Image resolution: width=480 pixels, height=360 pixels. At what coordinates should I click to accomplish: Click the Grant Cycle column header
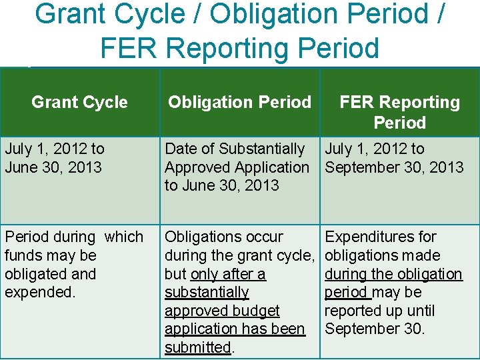click(x=79, y=103)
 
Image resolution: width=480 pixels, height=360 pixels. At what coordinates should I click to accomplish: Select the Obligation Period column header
click(x=239, y=103)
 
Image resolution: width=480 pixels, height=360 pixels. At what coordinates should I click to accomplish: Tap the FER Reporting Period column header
click(x=399, y=112)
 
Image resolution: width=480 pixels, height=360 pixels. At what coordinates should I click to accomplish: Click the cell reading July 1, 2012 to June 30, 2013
click(x=55, y=158)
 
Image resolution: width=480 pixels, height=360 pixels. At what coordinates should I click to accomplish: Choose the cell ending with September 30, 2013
click(x=394, y=158)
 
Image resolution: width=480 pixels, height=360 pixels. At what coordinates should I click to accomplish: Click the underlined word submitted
click(x=197, y=347)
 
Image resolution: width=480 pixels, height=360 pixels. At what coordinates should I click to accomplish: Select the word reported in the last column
click(x=353, y=311)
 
